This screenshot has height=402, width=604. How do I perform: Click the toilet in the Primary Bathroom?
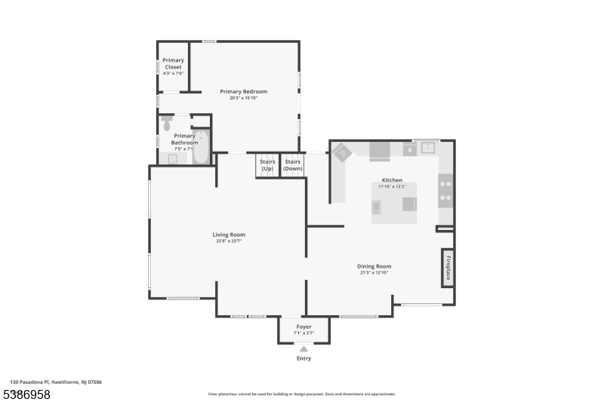coord(167,124)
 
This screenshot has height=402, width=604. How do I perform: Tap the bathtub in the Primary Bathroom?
coord(201,148)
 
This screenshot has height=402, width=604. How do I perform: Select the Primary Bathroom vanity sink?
coord(172,159)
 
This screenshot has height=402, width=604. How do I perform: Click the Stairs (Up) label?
coord(267,165)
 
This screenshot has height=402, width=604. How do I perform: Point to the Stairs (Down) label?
coord(293,165)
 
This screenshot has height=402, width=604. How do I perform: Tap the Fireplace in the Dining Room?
coord(448,268)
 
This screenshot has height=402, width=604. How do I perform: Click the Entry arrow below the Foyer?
coord(304,349)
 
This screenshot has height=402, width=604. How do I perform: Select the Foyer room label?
coord(304,327)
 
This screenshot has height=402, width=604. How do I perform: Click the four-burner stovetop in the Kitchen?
coord(445,190)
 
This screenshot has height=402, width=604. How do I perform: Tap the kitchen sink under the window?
coord(428,148)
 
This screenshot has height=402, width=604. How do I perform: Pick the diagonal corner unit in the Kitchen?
coord(342,152)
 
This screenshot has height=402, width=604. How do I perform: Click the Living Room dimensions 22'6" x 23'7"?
coord(229,241)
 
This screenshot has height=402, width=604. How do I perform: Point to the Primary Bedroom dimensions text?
coord(243,98)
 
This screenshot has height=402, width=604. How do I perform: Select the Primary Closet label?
coord(173,64)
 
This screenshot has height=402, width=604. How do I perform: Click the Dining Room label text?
coord(374,266)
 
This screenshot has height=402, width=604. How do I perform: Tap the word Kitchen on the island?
coord(392,180)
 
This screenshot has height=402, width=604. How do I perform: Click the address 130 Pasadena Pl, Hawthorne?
coord(56,382)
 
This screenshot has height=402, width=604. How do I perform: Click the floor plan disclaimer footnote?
coord(301,394)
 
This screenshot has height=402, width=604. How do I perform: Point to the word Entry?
coord(304,358)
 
